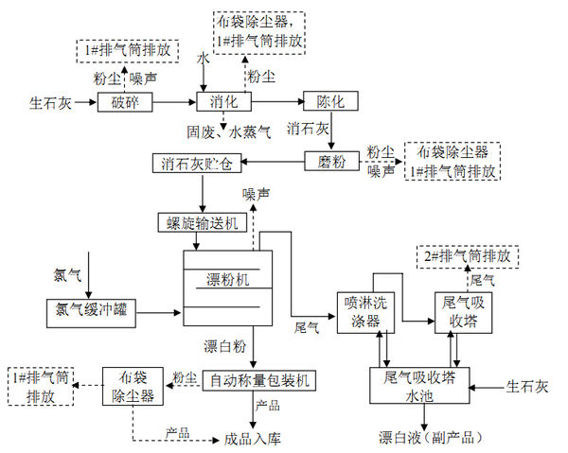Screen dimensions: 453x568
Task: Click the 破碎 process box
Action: coord(125,100)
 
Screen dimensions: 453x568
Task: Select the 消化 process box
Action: coord(222,100)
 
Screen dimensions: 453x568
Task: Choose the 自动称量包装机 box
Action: coord(257,380)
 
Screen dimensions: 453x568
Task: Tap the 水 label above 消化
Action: coord(202,59)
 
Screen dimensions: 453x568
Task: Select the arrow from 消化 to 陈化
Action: coord(275,100)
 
